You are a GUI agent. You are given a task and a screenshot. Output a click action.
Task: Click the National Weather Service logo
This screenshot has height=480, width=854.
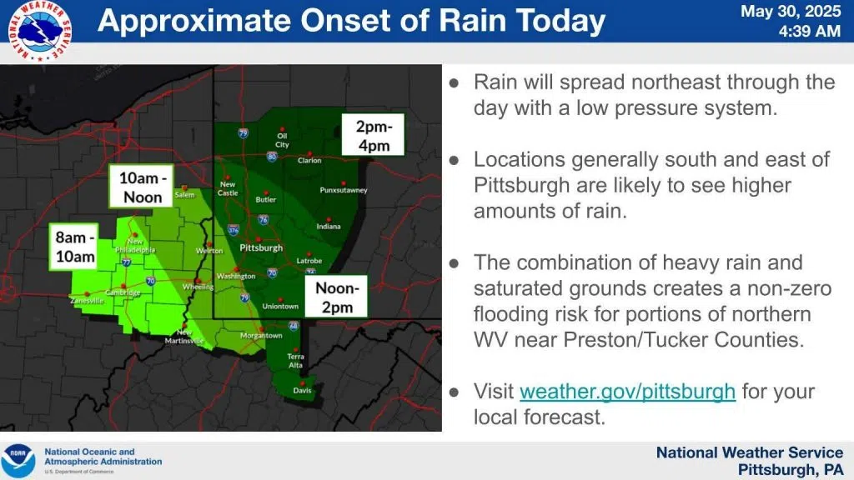coord(39,31)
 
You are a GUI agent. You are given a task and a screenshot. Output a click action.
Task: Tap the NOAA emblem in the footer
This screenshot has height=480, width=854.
coord(18,461)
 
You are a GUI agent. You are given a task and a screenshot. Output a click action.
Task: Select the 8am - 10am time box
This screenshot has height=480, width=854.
coord(74,247)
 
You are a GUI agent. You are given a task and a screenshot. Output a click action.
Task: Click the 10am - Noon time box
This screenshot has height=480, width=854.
coord(142,187)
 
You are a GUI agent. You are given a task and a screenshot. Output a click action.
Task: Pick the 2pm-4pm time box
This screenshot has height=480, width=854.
coord(373,136)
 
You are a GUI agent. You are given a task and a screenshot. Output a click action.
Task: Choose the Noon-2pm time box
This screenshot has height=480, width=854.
coord(336,297)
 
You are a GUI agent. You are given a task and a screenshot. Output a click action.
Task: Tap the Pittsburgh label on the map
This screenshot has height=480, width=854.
coord(261,248)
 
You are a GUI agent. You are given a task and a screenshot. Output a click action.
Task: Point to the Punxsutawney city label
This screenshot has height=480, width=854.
coord(344,190)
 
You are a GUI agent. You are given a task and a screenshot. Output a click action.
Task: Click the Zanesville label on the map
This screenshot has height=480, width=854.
coord(87,300)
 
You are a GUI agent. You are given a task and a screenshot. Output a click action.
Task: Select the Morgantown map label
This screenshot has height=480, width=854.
coord(261,336)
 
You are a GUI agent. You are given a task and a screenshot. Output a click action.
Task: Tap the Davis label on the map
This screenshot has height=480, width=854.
coord(302,390)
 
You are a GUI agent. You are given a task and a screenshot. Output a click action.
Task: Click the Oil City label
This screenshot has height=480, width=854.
coord(282,140)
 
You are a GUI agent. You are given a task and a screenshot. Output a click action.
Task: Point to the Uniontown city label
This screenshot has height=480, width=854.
coord(280,307)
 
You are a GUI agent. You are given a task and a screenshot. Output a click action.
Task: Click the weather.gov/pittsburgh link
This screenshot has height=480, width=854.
coord(627,392)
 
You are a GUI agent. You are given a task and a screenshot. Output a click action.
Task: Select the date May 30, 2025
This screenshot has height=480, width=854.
coord(791,12)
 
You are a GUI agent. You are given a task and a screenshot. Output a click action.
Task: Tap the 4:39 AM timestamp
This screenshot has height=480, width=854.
coord(809,31)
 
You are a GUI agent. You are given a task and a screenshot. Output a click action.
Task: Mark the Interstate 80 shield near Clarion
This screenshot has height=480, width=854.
coord(272,157)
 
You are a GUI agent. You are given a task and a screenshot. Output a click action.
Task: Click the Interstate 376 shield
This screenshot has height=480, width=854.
coord(234,230)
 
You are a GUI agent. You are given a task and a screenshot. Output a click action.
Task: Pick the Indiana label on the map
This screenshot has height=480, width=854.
coord(329,227)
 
